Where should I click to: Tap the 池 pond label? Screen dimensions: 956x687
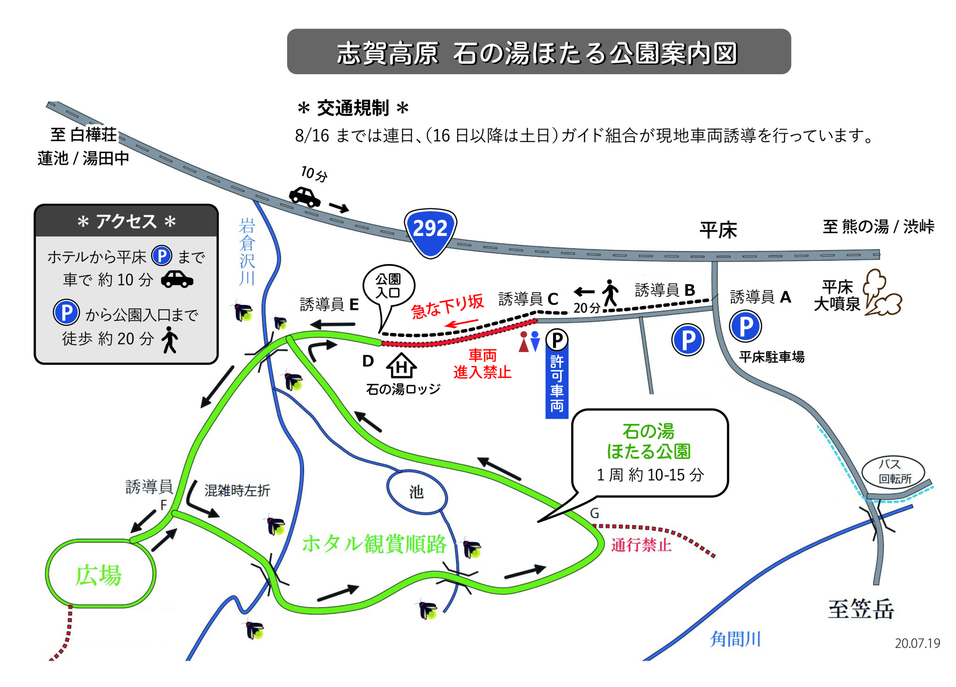(x=416, y=492)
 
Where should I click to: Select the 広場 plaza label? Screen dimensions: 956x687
(x=99, y=575)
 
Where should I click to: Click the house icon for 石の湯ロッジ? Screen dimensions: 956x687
(x=401, y=365)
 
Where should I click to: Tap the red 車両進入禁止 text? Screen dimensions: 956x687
(x=482, y=363)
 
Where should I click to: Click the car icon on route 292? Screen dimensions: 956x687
(x=304, y=196)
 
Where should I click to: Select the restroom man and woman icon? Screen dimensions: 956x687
(x=530, y=341)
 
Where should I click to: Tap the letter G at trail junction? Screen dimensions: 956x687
(x=595, y=513)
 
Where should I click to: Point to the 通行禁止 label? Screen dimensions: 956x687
(x=641, y=545)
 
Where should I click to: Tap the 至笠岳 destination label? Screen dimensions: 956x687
(x=861, y=609)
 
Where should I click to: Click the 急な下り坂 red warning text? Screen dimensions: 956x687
(x=448, y=307)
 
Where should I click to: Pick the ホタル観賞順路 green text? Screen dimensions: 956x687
(x=374, y=544)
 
